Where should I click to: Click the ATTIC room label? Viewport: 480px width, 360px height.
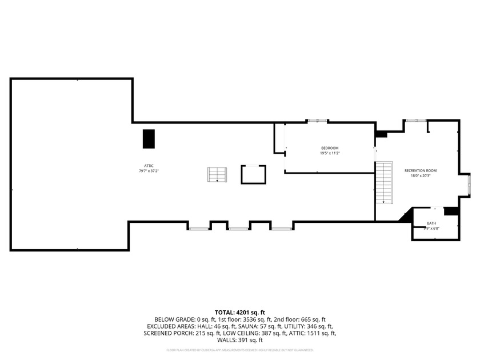click(x=149, y=165)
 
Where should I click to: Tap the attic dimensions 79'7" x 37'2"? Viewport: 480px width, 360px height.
click(x=149, y=171)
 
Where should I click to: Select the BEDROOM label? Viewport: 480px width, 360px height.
click(x=330, y=148)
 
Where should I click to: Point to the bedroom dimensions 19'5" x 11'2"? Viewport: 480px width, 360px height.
click(x=330, y=153)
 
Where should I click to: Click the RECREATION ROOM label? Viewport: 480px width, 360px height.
click(x=421, y=171)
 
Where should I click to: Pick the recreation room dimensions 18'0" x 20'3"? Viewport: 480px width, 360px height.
click(x=421, y=176)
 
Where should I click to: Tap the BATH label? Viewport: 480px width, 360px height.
click(x=431, y=223)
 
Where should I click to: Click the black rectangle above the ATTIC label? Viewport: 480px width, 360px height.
click(x=149, y=139)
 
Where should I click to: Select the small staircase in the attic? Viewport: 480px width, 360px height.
click(x=217, y=175)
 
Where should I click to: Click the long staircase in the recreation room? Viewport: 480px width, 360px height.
click(x=383, y=183)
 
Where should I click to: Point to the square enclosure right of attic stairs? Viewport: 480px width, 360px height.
click(x=254, y=174)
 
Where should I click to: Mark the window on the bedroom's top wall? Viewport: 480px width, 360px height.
click(x=317, y=121)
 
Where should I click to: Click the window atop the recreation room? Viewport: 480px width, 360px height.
click(x=415, y=120)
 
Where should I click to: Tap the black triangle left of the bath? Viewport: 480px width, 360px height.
click(x=406, y=216)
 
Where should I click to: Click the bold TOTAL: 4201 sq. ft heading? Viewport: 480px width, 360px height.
click(x=239, y=313)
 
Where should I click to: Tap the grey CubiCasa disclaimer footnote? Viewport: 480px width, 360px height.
click(x=239, y=350)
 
